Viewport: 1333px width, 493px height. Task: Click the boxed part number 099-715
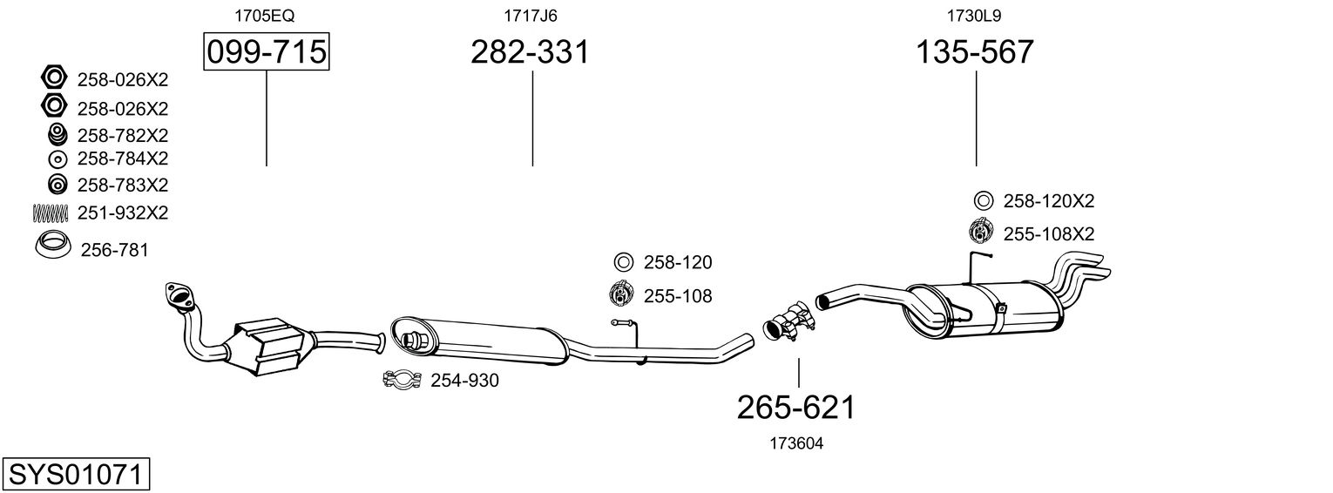pyautogui.click(x=266, y=52)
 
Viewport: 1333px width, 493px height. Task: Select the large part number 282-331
pyautogui.click(x=530, y=52)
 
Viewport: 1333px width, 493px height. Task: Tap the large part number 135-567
pyautogui.click(x=974, y=52)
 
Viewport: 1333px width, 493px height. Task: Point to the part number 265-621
pyautogui.click(x=796, y=407)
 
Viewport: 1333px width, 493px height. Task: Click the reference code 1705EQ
pyautogui.click(x=258, y=15)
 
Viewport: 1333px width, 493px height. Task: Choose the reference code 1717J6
pyautogui.click(x=530, y=15)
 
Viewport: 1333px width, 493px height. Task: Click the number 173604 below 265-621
pyautogui.click(x=796, y=443)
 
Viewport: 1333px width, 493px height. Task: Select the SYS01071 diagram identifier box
pyautogui.click(x=75, y=475)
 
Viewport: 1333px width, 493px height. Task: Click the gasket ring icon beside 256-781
pyautogui.click(x=53, y=246)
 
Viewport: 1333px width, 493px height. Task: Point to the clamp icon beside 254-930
pyautogui.click(x=403, y=381)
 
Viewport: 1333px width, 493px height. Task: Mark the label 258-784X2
pyautogui.click(x=122, y=159)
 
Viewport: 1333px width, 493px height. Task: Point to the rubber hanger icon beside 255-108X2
pyautogui.click(x=982, y=233)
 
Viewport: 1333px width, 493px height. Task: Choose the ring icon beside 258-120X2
pyautogui.click(x=983, y=201)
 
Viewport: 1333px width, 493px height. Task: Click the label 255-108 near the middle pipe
pyautogui.click(x=677, y=296)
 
